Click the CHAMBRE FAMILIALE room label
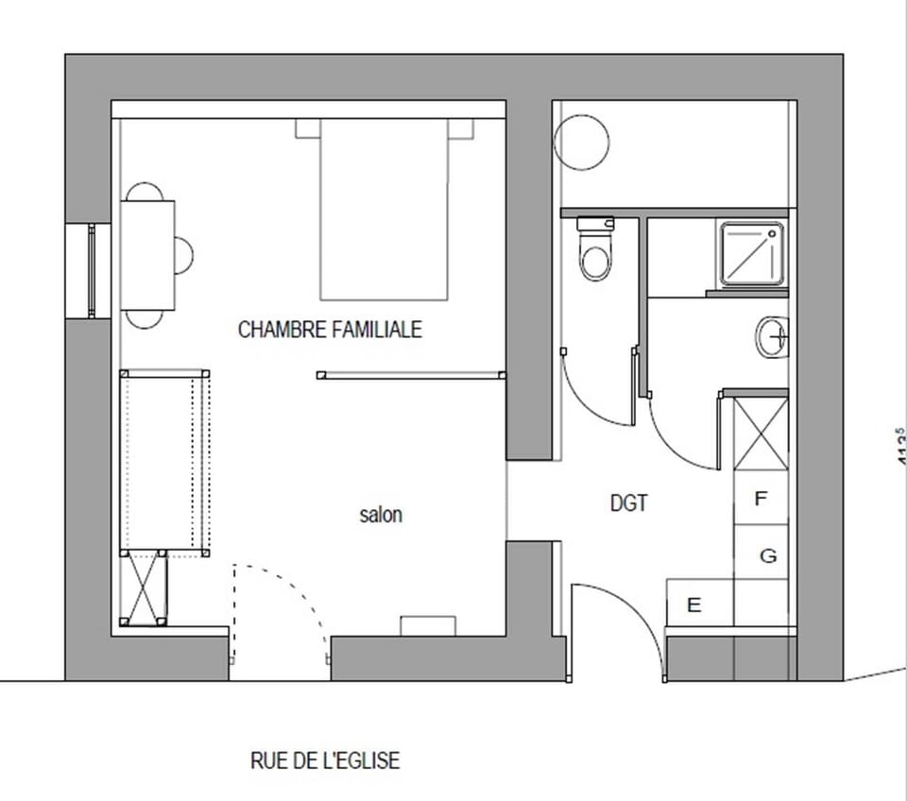(x=330, y=330)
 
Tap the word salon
(x=381, y=515)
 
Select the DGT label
(x=629, y=503)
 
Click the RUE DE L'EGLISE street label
(x=325, y=760)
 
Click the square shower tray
(x=752, y=254)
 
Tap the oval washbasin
(x=771, y=336)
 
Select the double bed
(x=383, y=209)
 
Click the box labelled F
(x=762, y=499)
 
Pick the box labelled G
(x=767, y=555)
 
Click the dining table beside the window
(x=147, y=255)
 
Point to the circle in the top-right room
(x=581, y=141)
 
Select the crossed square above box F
(x=761, y=433)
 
